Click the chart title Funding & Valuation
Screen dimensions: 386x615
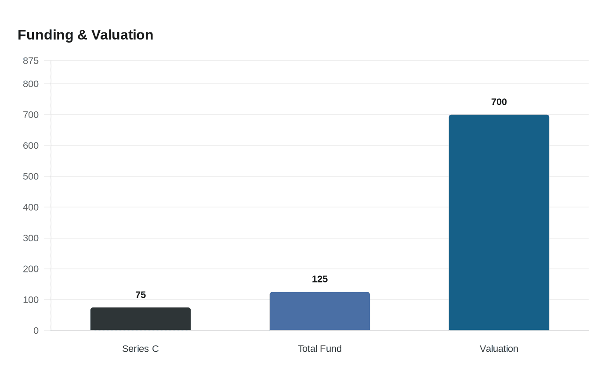(x=85, y=35)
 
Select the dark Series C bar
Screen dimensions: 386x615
(x=141, y=319)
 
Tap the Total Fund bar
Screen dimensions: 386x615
(x=320, y=311)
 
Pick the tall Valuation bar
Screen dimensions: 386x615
(x=499, y=222)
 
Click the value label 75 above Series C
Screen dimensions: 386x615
(x=141, y=295)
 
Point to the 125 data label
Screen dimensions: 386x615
(x=320, y=279)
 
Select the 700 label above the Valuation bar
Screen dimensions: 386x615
(x=499, y=102)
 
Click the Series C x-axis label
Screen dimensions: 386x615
(x=141, y=349)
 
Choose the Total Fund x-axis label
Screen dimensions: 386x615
(x=320, y=349)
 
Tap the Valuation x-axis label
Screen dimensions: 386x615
(x=499, y=349)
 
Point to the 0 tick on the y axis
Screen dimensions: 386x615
(x=36, y=331)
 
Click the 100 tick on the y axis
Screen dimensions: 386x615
(x=31, y=300)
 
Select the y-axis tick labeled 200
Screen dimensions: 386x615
(x=31, y=269)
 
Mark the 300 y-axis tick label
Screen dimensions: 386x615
(x=31, y=238)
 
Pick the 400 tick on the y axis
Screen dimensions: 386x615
(x=31, y=207)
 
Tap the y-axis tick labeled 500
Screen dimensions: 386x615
(x=31, y=176)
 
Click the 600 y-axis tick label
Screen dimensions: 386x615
(x=31, y=146)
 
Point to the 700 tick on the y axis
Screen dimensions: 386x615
(x=31, y=114)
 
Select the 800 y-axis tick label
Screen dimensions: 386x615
(x=31, y=84)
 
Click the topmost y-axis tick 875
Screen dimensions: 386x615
(x=31, y=61)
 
